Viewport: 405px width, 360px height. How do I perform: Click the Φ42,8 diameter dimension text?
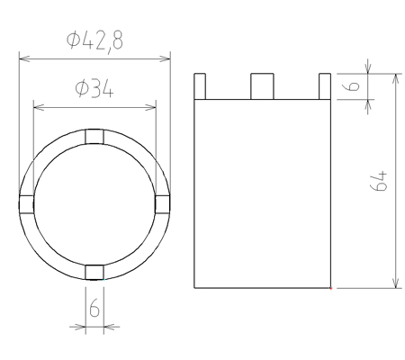[94, 41]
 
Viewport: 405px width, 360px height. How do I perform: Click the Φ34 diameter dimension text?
[94, 89]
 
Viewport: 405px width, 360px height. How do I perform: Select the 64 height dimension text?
[379, 181]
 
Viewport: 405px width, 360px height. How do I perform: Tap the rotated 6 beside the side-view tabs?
[354, 85]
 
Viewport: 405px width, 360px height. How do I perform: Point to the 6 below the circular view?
[94, 307]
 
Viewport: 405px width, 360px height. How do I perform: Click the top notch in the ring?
[94, 137]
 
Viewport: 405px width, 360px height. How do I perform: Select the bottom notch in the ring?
[94, 272]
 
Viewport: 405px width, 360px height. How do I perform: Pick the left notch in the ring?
[26, 204]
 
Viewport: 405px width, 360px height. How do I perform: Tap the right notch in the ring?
[163, 204]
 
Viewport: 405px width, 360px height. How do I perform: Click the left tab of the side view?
[200, 86]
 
